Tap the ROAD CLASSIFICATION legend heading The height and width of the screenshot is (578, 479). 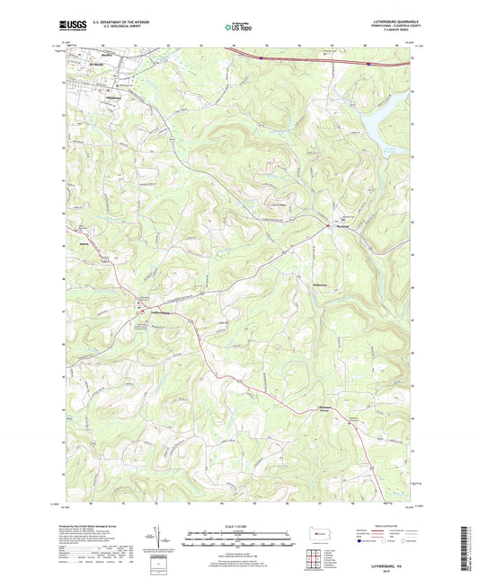[x=386, y=526]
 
